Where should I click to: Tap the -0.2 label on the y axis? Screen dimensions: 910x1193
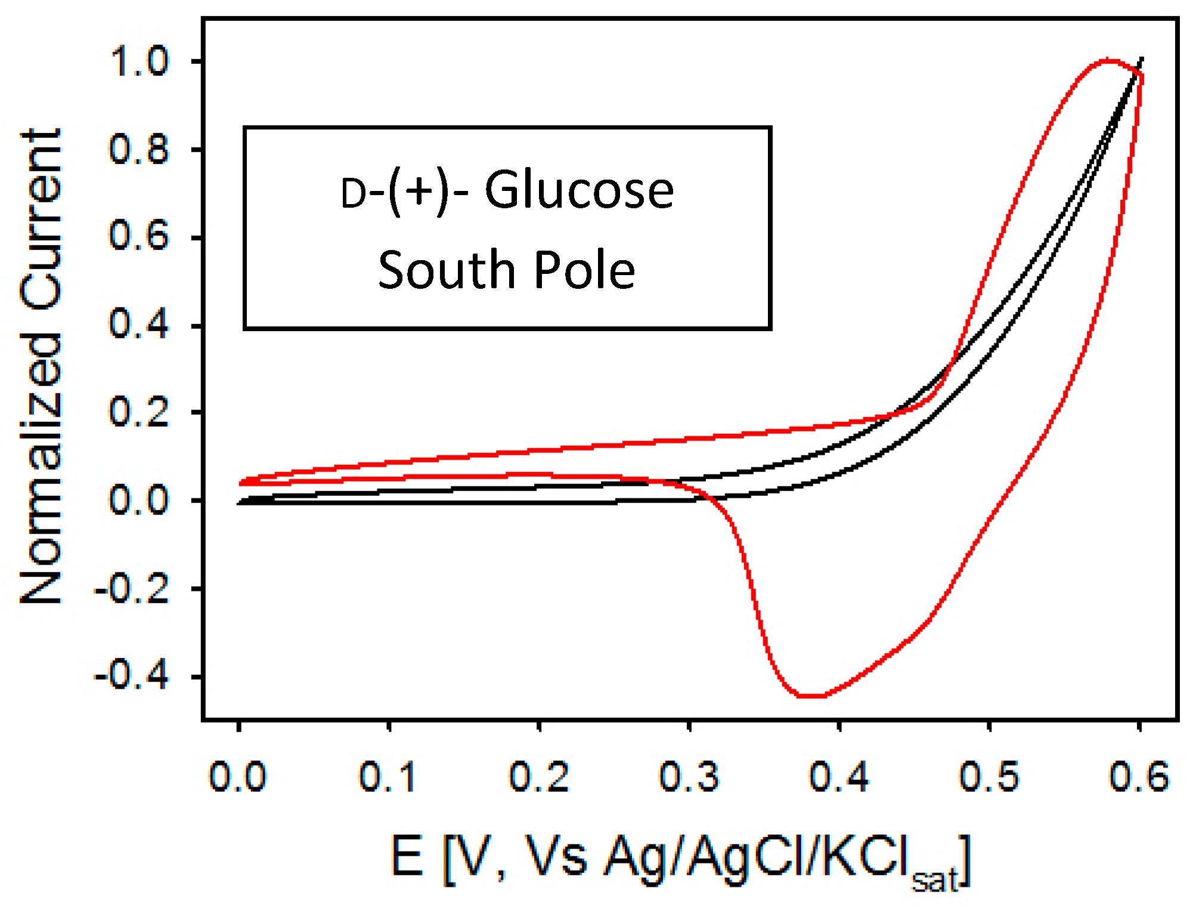coord(132,589)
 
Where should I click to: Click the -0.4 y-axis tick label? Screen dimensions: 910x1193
coord(132,677)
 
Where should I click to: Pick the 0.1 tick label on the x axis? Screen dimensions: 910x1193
coord(387,777)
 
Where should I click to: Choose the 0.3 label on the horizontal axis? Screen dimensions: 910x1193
coord(689,777)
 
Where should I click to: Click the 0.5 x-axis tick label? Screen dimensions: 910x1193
coord(989,777)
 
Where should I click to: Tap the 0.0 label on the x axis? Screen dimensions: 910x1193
coord(237,777)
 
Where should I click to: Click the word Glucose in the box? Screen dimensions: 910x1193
coord(579,191)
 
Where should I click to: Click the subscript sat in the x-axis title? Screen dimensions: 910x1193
coord(934,880)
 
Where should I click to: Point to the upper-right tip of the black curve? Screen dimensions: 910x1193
coord(1141,59)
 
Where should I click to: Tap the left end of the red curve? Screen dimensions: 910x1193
coord(241,482)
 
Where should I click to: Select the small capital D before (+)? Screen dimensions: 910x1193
coord(353,195)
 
